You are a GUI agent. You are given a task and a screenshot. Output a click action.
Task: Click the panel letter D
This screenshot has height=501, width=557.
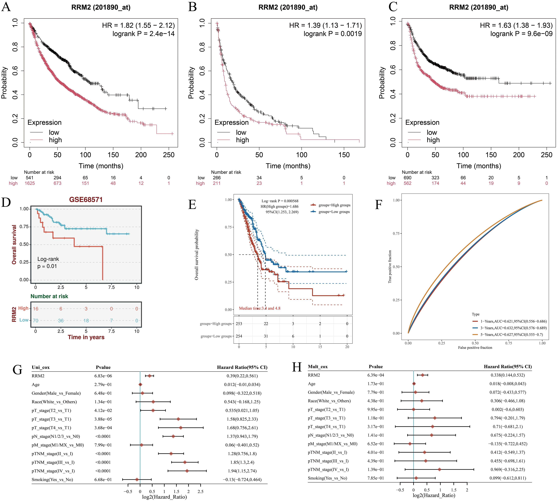(6, 202)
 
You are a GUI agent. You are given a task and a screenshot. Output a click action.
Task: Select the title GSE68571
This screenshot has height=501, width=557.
(86, 200)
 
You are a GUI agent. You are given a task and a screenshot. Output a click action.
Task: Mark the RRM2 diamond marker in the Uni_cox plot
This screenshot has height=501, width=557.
(149, 376)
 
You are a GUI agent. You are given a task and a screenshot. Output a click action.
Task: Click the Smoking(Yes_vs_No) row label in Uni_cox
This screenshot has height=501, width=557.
(52, 480)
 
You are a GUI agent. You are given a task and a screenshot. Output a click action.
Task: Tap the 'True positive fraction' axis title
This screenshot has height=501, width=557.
(390, 266)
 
